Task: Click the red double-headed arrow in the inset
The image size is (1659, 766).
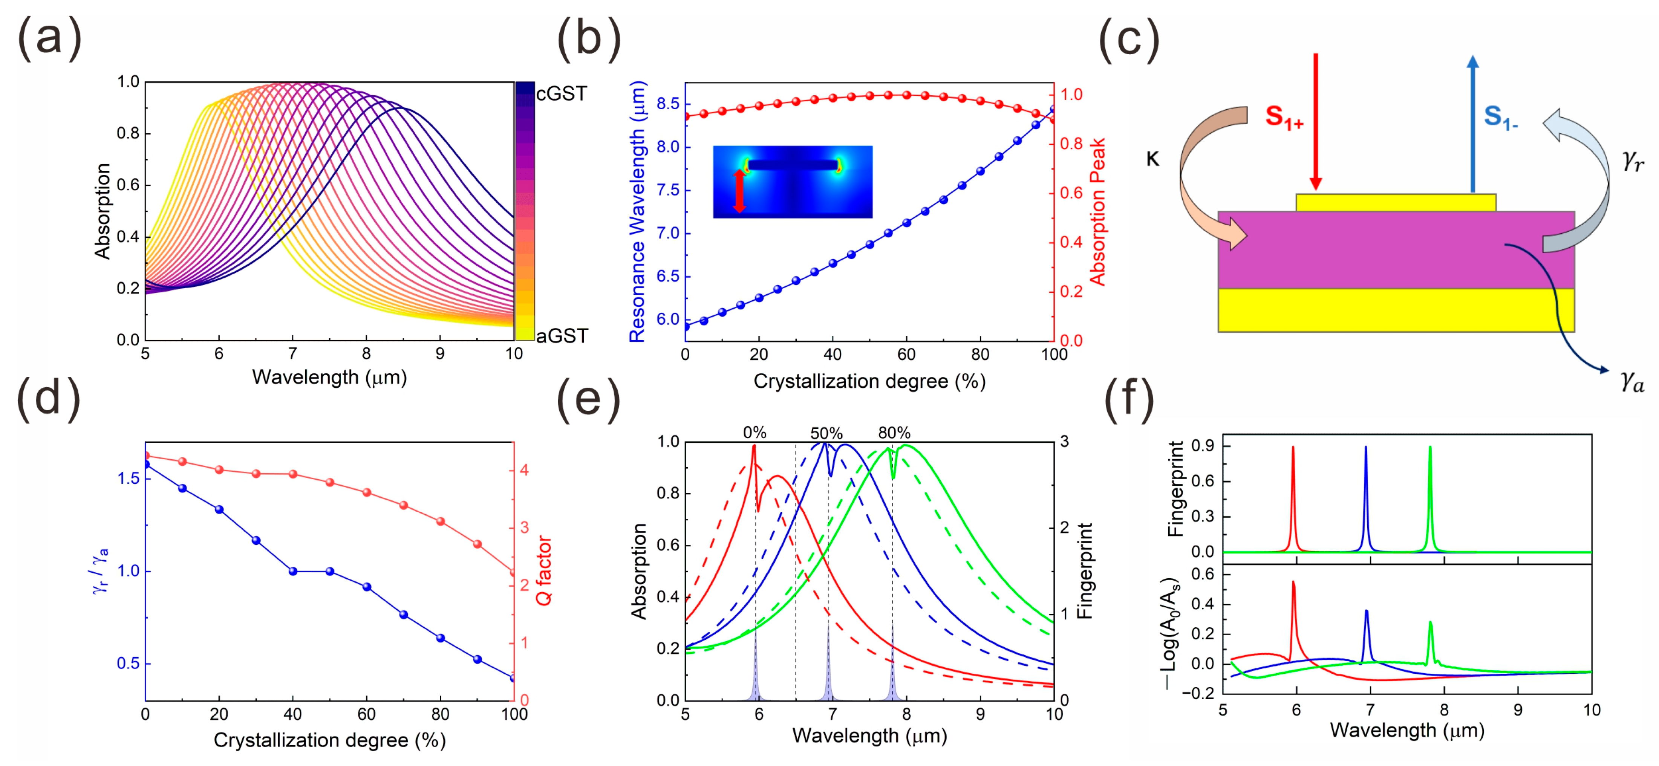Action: coord(739,191)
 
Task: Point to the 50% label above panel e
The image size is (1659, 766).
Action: coord(826,433)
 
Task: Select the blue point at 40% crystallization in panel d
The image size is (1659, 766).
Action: coord(293,571)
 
